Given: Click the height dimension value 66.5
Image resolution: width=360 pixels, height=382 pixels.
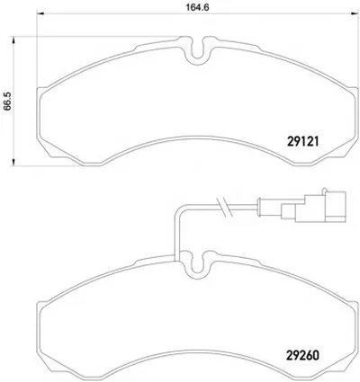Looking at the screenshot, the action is (x=7, y=102).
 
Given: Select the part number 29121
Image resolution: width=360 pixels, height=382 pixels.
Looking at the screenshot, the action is (x=302, y=141).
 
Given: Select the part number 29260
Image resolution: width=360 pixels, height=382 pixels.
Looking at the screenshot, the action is (x=303, y=356).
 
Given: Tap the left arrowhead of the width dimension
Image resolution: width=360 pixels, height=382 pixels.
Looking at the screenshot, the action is (x=40, y=13).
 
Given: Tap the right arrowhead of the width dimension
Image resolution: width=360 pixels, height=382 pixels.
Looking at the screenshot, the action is (x=355, y=13).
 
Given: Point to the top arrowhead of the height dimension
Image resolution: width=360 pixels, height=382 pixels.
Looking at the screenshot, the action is (x=13, y=40).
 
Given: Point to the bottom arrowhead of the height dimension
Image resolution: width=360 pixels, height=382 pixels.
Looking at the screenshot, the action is (x=13, y=161).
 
